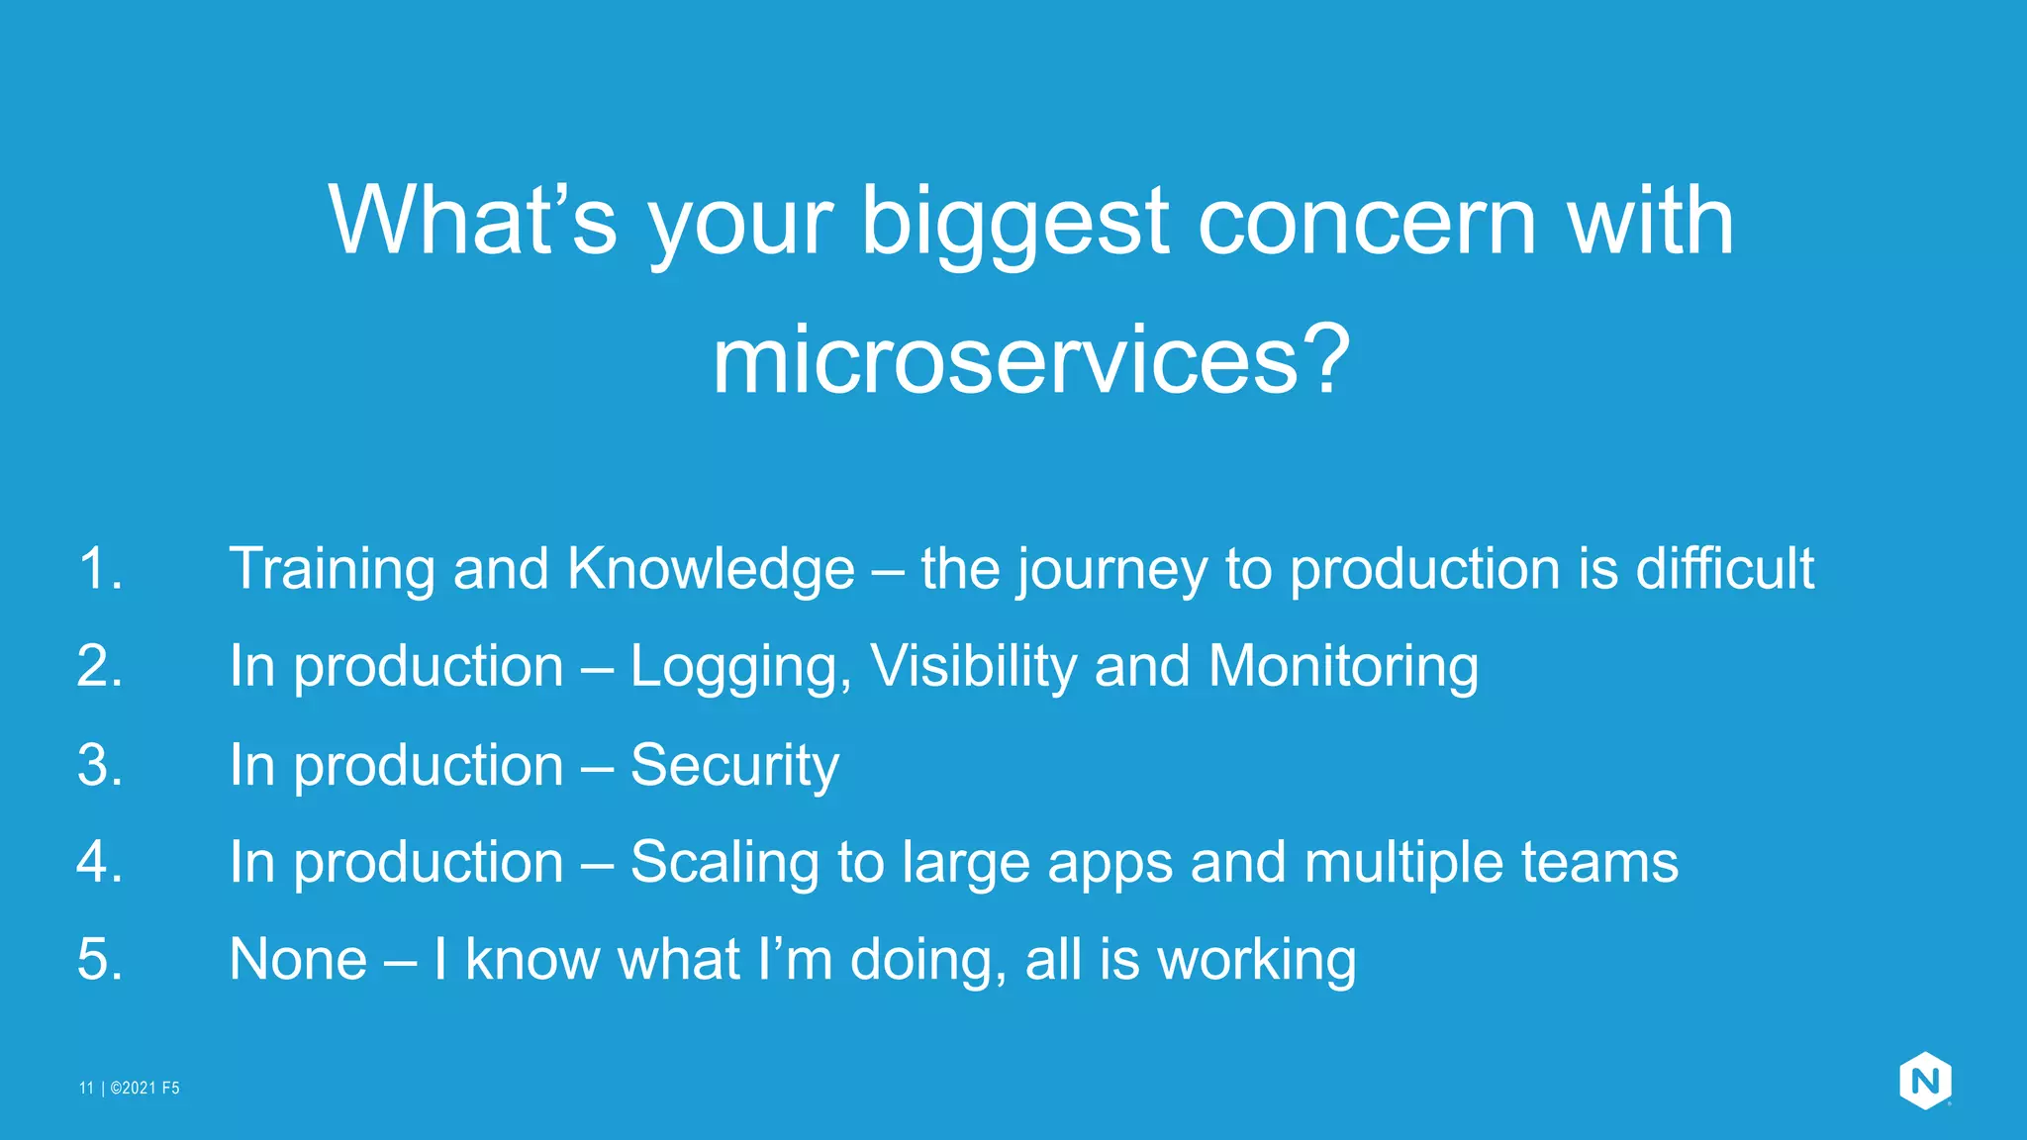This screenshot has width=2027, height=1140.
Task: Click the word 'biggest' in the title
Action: (x=1014, y=223)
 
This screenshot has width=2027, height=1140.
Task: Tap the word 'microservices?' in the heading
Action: (x=1031, y=361)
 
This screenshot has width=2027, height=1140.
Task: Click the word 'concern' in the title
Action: (x=1368, y=223)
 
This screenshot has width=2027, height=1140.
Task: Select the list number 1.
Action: (x=100, y=569)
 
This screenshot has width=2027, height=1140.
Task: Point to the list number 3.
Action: (x=100, y=765)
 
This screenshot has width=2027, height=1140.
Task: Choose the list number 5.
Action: (x=100, y=959)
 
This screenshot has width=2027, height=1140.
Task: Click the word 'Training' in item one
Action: (x=332, y=569)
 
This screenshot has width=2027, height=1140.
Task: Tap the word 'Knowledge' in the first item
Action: (x=710, y=569)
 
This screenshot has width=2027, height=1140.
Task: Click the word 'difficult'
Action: (x=1724, y=569)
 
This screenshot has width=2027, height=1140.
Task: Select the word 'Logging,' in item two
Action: (x=740, y=666)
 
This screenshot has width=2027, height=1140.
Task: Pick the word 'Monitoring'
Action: (x=1343, y=666)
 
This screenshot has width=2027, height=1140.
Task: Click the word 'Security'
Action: (x=734, y=765)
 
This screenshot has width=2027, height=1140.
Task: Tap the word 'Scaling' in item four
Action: (x=724, y=862)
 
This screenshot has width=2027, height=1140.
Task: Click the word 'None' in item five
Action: (x=298, y=959)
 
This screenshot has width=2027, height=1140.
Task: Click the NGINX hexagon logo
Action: (x=1924, y=1081)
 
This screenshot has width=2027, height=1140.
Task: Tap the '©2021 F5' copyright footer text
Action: (x=145, y=1089)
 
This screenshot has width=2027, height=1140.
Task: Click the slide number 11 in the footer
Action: (x=86, y=1089)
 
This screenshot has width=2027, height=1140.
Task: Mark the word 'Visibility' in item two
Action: (x=973, y=666)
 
